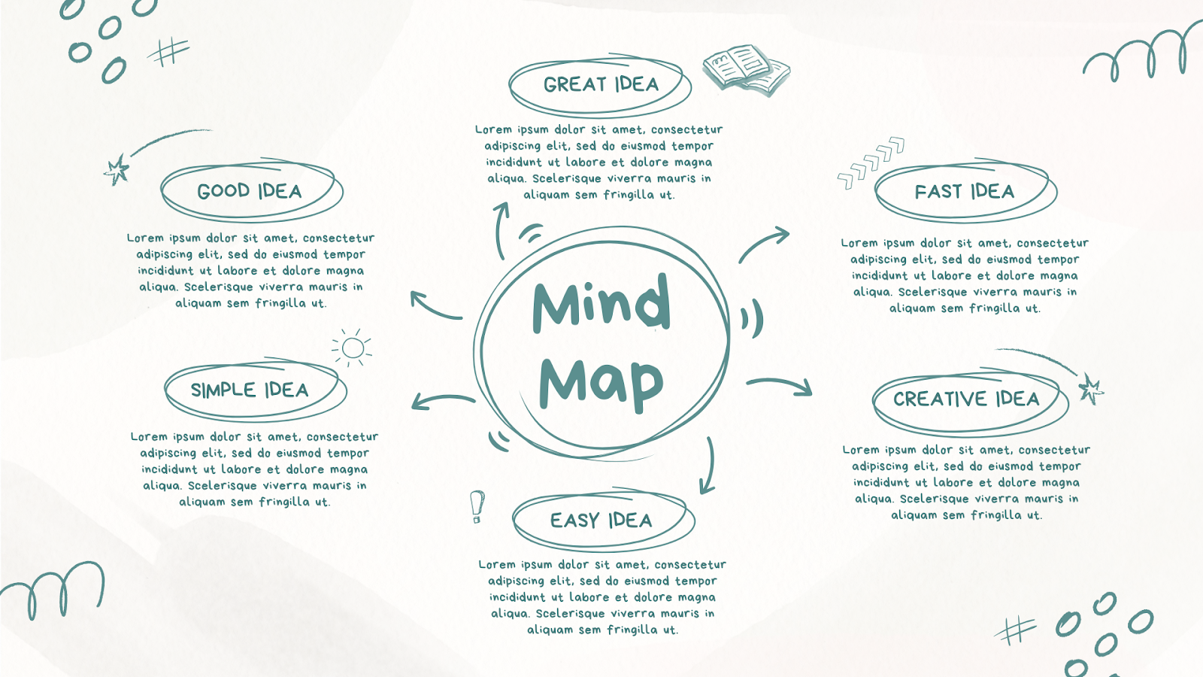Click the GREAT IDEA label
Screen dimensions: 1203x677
point(601,84)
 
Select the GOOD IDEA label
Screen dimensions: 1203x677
point(250,191)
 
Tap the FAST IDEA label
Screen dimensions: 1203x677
point(965,192)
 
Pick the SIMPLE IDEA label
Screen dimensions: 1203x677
point(250,390)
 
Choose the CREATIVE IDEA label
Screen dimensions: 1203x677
point(966,399)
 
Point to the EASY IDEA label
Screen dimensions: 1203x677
point(601,521)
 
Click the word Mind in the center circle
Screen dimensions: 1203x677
point(601,303)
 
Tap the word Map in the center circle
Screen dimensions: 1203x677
point(601,382)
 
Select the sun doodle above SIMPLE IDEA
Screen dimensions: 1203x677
point(352,348)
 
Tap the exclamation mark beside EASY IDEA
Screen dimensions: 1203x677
point(477,507)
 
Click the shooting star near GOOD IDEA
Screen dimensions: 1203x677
point(117,169)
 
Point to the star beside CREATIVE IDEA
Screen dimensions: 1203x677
point(1089,389)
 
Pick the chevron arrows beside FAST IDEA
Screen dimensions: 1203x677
point(871,162)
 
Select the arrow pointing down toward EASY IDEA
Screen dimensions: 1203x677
point(708,466)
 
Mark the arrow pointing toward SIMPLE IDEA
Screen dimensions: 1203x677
point(442,400)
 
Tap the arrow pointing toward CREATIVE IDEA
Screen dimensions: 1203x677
point(780,385)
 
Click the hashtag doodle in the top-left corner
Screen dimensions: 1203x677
point(168,52)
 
